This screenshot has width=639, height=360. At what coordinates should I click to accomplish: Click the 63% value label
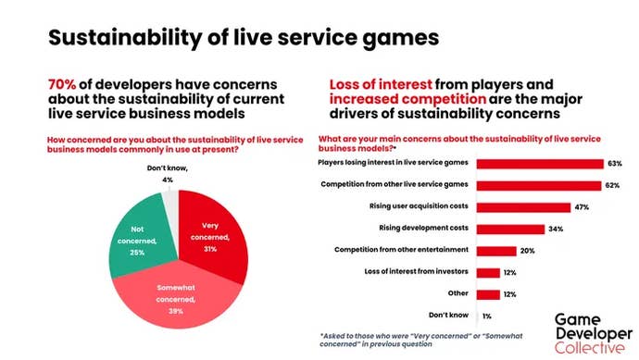click(x=615, y=163)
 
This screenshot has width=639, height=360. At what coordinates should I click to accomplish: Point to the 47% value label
click(x=582, y=206)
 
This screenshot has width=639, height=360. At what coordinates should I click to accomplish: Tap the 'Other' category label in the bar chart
click(x=458, y=293)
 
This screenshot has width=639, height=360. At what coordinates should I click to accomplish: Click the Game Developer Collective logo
click(x=588, y=332)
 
